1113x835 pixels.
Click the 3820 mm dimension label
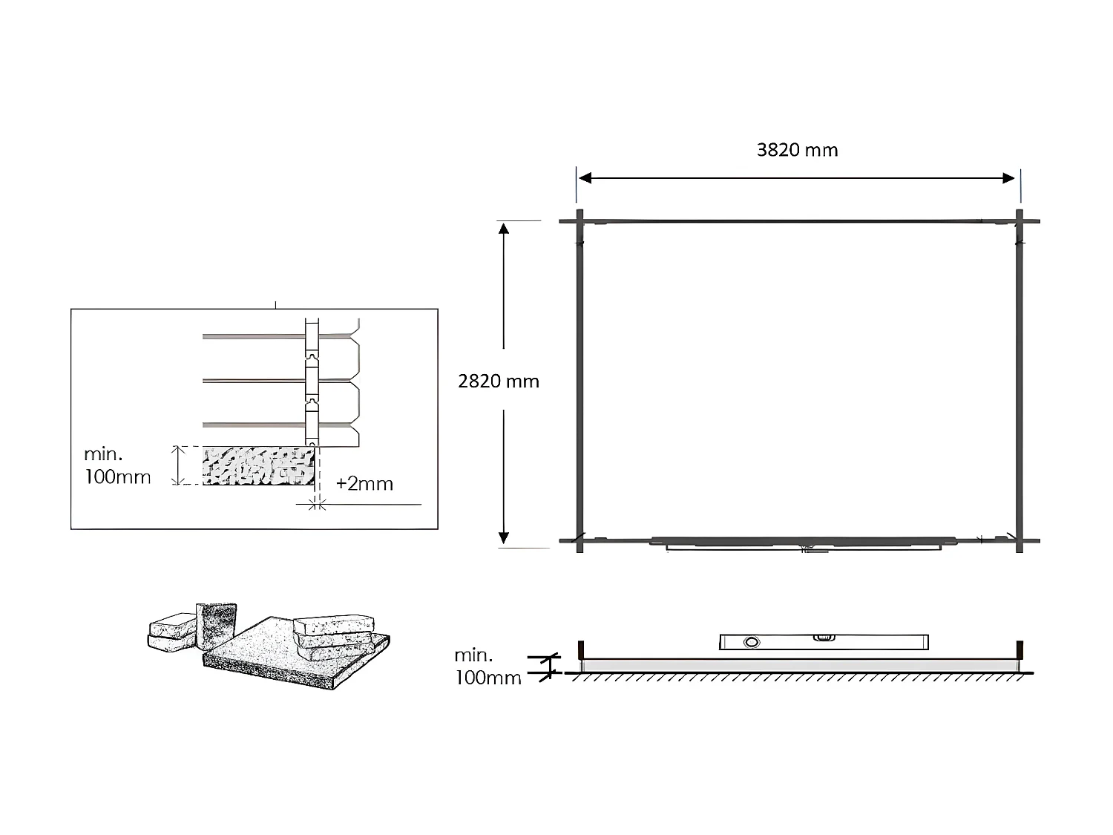click(797, 150)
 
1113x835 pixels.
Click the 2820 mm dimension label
click(499, 382)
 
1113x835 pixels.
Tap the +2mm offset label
click(364, 484)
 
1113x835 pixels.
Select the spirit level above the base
click(824, 641)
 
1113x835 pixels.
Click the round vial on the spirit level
click(752, 642)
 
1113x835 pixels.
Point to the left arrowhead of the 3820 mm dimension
click(585, 178)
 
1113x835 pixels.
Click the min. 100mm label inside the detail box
click(117, 465)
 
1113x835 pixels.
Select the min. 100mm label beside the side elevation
click(487, 667)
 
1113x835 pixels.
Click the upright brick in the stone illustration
click(215, 626)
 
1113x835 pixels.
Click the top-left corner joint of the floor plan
click(580, 220)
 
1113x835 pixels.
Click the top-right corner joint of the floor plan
click(1020, 220)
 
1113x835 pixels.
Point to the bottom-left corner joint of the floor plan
click(580, 541)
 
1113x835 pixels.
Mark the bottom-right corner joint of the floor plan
click(1020, 541)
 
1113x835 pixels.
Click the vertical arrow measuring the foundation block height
click(177, 465)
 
